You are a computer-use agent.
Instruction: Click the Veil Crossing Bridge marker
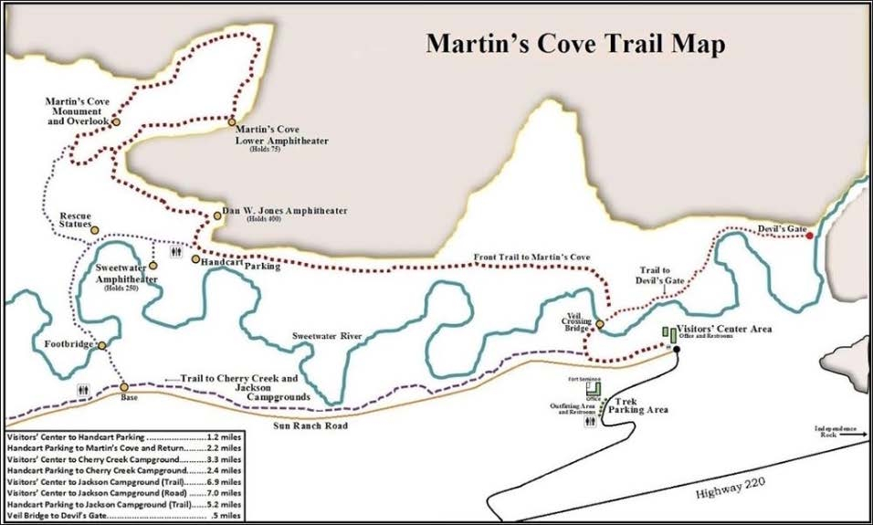pyautogui.click(x=600, y=323)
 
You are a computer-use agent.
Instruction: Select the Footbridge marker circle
pyautogui.click(x=102, y=345)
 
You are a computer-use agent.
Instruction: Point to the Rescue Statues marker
pyautogui.click(x=94, y=230)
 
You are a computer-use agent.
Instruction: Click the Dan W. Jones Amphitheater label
pyautogui.click(x=285, y=211)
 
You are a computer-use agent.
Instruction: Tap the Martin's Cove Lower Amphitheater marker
pyautogui.click(x=232, y=121)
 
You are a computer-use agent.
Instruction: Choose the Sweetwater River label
pyautogui.click(x=328, y=337)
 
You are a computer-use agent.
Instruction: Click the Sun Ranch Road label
pyautogui.click(x=310, y=425)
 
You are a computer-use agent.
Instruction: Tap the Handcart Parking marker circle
pyautogui.click(x=195, y=259)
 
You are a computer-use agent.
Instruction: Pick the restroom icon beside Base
pyautogui.click(x=83, y=388)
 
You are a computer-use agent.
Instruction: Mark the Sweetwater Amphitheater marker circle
pyautogui.click(x=153, y=266)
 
